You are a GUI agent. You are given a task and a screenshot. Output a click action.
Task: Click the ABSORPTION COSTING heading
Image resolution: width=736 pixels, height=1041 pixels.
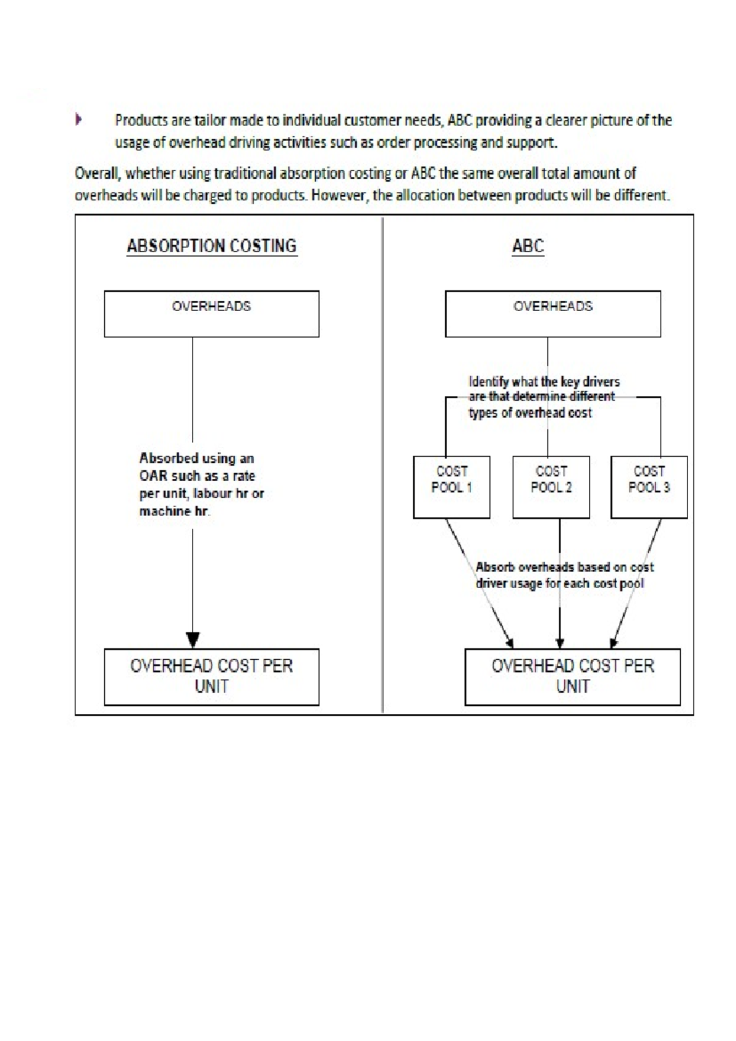pyautogui.click(x=212, y=246)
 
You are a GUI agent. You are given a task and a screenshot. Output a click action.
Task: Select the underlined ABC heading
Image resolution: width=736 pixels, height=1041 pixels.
pyautogui.click(x=528, y=246)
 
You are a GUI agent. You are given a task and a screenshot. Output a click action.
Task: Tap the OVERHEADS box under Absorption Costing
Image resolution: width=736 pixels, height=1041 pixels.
pyautogui.click(x=212, y=314)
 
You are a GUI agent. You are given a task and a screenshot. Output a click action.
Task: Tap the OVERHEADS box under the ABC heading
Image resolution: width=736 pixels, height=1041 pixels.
pyautogui.click(x=553, y=314)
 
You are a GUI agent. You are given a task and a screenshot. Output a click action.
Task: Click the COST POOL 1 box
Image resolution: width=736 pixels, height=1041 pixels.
pyautogui.click(x=451, y=487)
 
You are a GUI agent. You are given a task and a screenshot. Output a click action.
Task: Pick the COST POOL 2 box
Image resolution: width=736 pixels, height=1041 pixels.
pyautogui.click(x=551, y=487)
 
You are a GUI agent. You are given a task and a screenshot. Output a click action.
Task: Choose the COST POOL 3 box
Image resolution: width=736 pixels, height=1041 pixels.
pyautogui.click(x=649, y=487)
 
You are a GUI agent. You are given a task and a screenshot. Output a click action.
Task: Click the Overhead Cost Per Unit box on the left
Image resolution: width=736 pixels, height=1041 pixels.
pyautogui.click(x=212, y=676)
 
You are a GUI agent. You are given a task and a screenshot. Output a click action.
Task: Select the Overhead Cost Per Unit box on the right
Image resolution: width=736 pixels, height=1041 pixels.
pyautogui.click(x=572, y=676)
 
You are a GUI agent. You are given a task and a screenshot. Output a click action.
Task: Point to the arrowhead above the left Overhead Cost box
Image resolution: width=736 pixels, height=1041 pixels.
pyautogui.click(x=193, y=640)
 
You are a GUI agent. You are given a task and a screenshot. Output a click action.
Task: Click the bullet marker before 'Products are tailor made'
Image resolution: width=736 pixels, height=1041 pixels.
pyautogui.click(x=79, y=120)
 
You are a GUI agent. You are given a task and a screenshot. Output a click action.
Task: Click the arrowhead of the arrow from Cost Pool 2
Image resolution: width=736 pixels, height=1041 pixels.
pyautogui.click(x=559, y=643)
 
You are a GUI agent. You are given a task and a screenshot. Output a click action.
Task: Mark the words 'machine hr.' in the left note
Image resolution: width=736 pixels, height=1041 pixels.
pyautogui.click(x=174, y=511)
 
